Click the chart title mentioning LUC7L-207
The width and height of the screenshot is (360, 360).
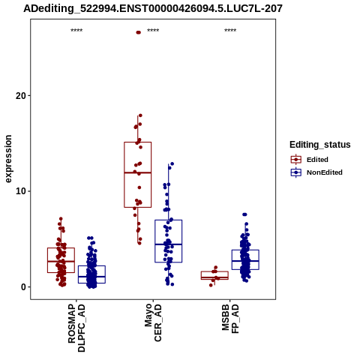point(153,9)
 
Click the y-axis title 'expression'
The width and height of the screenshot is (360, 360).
point(8,159)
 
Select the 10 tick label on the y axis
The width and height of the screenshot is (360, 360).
point(21,191)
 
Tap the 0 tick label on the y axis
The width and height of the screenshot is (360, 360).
point(23,287)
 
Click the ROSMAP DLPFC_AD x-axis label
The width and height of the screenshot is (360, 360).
point(76,328)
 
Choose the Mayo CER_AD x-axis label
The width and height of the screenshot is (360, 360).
point(153,322)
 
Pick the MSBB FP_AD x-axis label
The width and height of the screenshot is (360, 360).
point(230,319)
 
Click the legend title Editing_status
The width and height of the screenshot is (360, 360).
point(320,145)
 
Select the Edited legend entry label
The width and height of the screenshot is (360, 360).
point(317,160)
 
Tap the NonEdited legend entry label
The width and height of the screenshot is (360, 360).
point(325,172)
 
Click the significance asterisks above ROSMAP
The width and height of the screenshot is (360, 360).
point(76,31)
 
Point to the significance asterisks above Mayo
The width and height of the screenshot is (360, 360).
point(153,31)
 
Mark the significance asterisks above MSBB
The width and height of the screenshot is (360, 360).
point(230,31)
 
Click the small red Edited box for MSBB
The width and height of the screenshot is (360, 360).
point(214,275)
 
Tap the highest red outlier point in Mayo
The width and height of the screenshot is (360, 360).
point(138,32)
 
